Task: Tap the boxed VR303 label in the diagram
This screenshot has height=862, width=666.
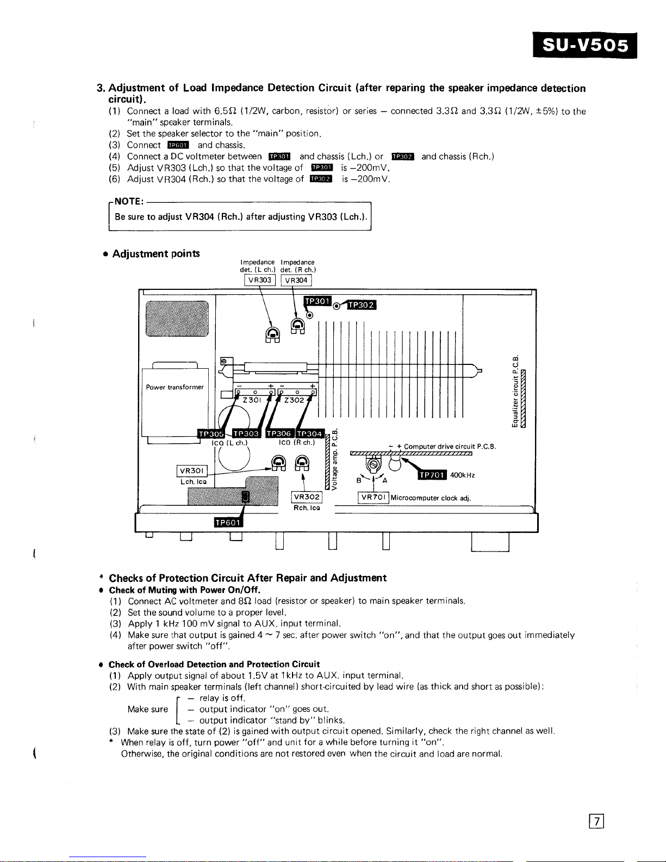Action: pos(260,280)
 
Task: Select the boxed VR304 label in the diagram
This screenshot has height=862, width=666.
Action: pos(296,281)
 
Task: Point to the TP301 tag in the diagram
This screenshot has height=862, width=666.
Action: pos(317,301)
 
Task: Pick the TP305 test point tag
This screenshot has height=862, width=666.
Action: pos(211,433)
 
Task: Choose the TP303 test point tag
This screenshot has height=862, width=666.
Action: pos(246,433)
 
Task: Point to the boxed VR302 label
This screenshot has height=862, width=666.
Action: pos(307,497)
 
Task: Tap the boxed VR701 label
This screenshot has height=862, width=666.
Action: pos(374,497)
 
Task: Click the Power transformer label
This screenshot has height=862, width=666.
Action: pos(175,387)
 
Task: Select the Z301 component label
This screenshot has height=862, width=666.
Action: pos(251,400)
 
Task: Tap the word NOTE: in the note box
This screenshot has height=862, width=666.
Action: pos(128,202)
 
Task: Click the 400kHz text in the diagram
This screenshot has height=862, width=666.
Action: pos(463,475)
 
